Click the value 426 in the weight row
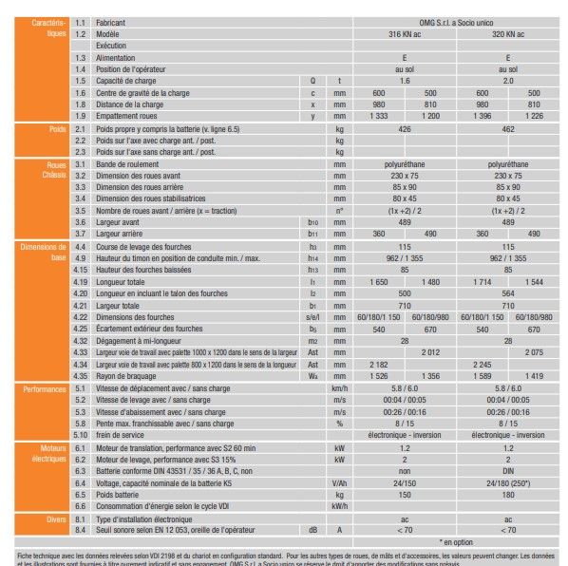405,127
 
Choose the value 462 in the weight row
507,127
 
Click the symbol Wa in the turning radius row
312,375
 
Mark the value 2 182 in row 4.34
378,364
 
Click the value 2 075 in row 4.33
534,351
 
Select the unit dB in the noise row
312,530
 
